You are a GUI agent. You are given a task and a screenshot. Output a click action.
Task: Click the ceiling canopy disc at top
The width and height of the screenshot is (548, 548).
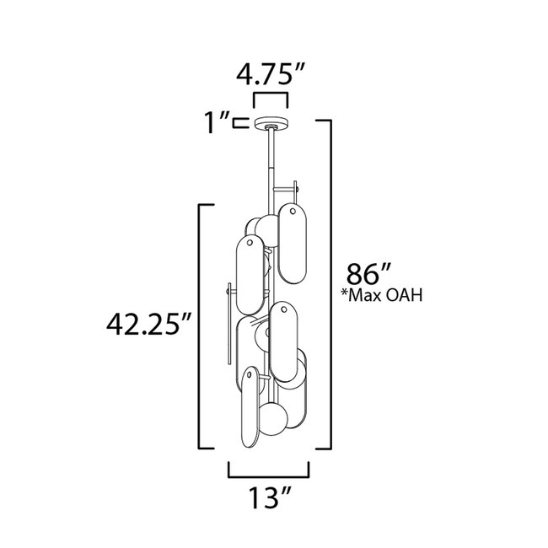point(269,122)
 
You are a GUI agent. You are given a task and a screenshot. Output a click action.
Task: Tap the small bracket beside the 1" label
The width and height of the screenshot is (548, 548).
point(239,123)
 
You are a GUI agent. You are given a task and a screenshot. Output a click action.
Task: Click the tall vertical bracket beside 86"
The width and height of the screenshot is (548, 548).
point(328,282)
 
